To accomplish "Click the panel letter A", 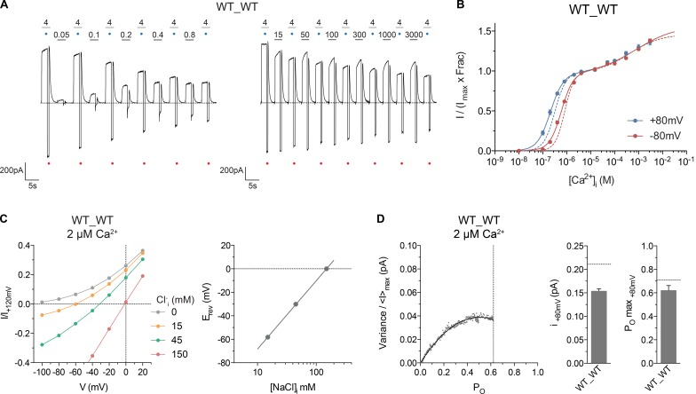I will tap(6, 8).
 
